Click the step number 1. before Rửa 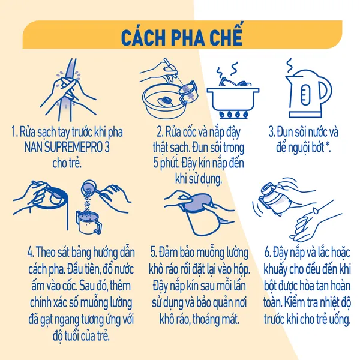[14, 132]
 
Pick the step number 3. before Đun [272, 132]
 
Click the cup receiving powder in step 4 [89, 222]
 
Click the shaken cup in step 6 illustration [275, 199]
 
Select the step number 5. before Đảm [154, 252]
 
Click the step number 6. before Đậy [268, 252]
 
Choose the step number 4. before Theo [31, 252]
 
